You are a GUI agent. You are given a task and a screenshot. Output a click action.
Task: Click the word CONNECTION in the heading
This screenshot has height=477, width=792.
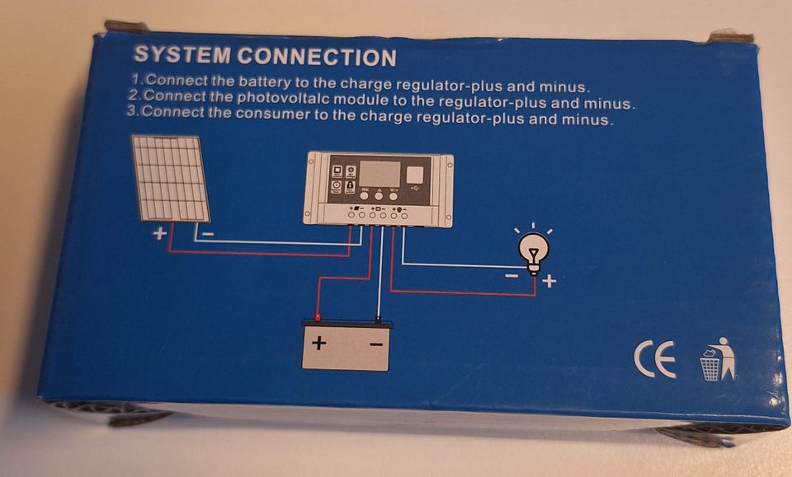click(x=316, y=58)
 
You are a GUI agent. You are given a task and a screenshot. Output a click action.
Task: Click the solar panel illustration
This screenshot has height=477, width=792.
click(x=170, y=179)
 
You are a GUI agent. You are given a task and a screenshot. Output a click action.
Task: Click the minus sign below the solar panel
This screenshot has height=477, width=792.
click(x=209, y=234)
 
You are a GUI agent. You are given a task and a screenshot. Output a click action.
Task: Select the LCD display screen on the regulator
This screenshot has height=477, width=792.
click(x=379, y=174)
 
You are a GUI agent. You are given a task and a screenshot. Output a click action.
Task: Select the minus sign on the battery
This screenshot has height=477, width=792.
click(x=375, y=344)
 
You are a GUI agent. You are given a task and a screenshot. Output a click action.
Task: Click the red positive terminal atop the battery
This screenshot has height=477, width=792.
click(x=317, y=319)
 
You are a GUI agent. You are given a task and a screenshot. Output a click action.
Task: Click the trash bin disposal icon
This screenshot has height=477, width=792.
click(x=715, y=359)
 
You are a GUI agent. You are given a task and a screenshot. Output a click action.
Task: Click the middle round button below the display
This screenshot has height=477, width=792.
click(x=378, y=198)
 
